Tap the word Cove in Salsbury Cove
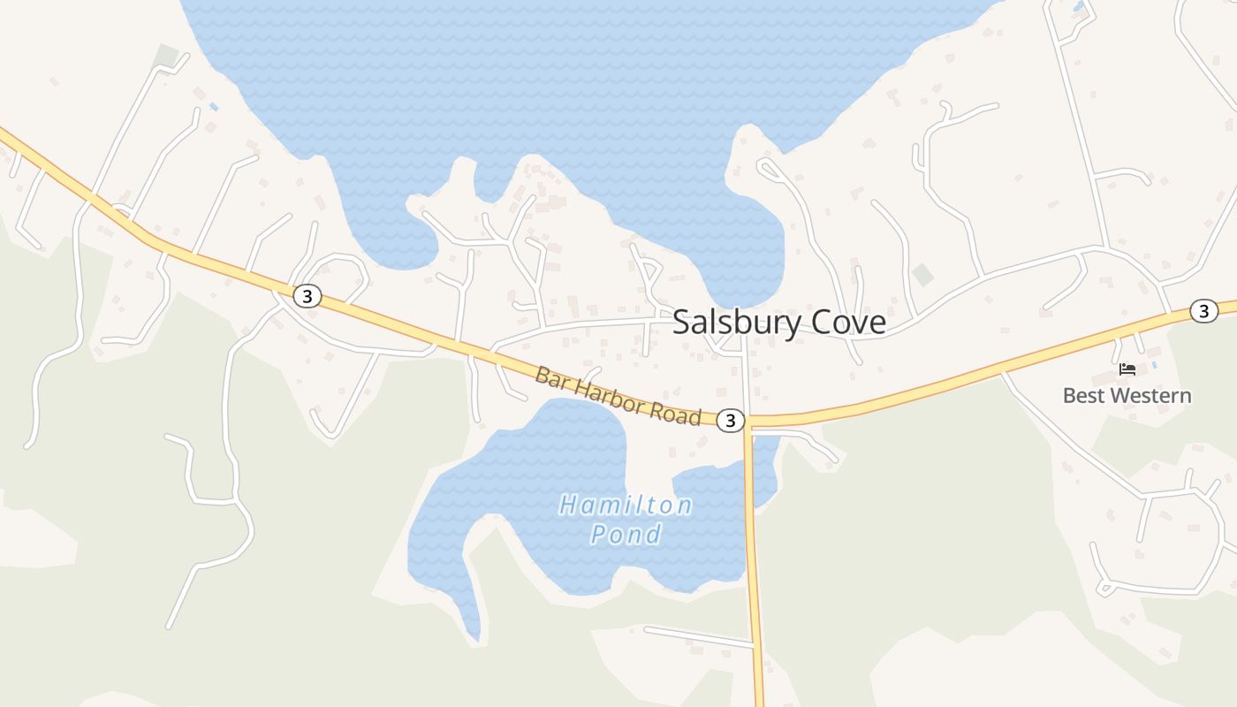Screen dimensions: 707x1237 coord(846,323)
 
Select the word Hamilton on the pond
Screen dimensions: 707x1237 coord(626,506)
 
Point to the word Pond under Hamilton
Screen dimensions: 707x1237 coord(626,534)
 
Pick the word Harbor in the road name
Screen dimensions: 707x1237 coord(613,398)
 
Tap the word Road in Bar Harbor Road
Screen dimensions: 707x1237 coord(680,414)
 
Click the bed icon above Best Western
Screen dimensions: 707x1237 coord(1127,369)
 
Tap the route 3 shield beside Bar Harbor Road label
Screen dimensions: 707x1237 coord(730,421)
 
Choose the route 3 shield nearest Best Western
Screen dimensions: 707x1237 coord(1203,310)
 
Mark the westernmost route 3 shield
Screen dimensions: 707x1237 coord(307,296)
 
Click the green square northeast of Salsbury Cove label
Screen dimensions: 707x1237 coord(922,275)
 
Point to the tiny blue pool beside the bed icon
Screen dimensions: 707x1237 coord(1154,364)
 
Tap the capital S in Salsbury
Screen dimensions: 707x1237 coord(681,323)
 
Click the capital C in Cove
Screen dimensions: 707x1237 coord(817,323)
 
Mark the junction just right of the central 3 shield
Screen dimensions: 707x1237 coord(748,422)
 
